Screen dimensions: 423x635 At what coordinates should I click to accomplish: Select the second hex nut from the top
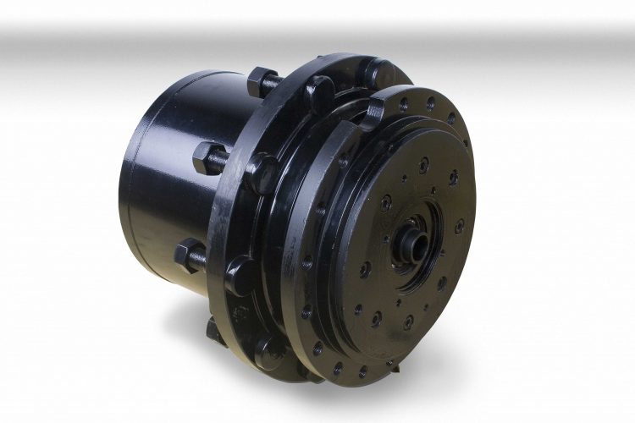(209, 157)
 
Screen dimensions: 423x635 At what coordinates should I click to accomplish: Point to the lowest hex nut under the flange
(213, 328)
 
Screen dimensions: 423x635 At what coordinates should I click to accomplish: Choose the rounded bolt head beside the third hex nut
(240, 272)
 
